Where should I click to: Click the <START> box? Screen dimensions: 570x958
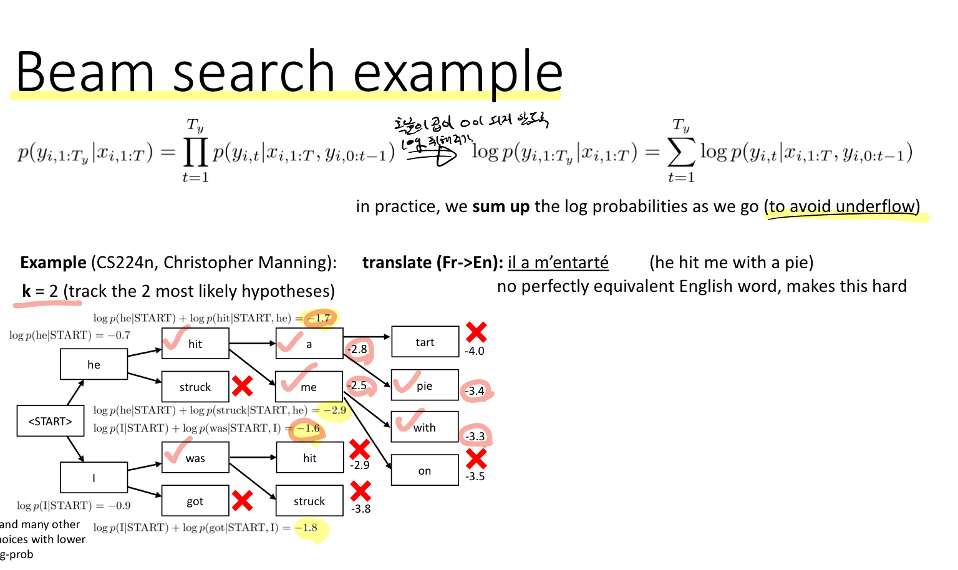[50, 421]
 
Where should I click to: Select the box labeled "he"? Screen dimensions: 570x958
[94, 364]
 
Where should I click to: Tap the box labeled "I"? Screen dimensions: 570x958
[94, 478]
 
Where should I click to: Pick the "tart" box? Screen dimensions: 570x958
[425, 342]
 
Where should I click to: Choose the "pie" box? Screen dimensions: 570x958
[425, 385]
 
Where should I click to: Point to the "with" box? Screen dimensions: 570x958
[425, 427]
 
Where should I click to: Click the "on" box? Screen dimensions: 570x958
[425, 470]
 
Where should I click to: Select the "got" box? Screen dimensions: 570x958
[195, 501]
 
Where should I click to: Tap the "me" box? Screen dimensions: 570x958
[309, 387]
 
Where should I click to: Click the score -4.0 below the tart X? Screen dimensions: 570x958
[475, 351]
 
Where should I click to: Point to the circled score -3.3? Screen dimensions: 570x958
[475, 436]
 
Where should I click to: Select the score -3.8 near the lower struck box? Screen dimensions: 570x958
[360, 509]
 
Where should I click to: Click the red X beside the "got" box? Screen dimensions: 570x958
[242, 500]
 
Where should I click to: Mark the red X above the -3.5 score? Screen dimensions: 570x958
[476, 458]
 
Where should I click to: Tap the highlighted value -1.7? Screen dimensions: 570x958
[319, 318]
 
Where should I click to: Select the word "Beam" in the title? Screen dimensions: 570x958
[84, 72]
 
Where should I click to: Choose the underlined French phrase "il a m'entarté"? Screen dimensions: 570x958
[558, 263]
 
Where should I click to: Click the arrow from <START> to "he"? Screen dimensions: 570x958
[75, 392]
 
